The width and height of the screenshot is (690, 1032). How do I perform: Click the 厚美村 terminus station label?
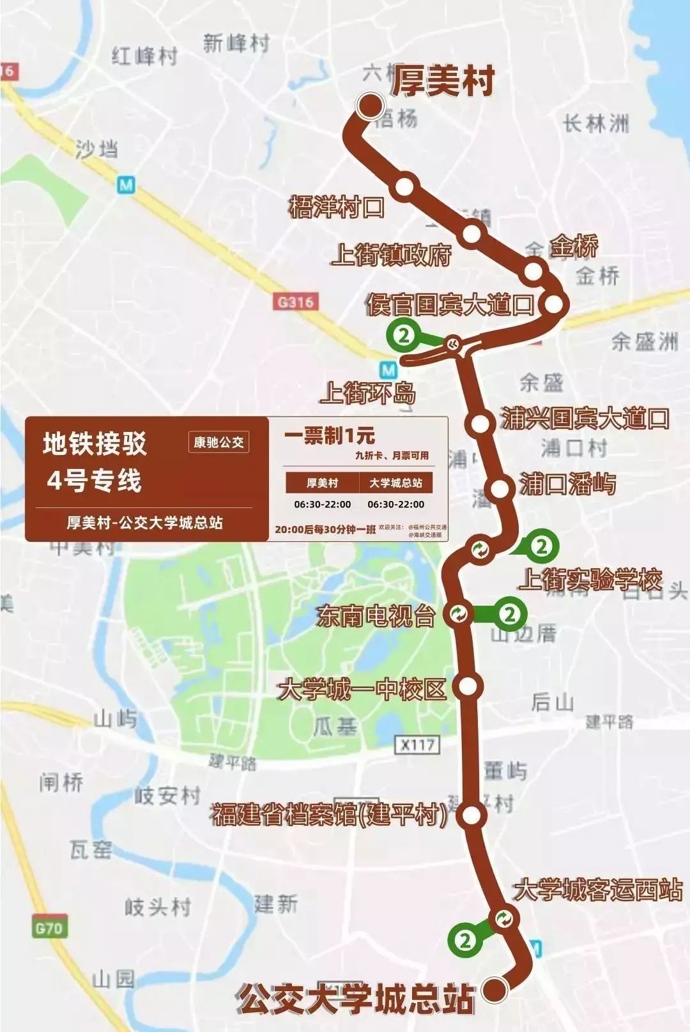[x=443, y=82]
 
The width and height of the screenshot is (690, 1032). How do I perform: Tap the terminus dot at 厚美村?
[x=370, y=106]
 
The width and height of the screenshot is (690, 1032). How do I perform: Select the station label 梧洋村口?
[x=336, y=207]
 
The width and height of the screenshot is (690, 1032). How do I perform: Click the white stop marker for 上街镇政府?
[x=471, y=234]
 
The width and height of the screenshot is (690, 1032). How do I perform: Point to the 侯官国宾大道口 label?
[x=450, y=305]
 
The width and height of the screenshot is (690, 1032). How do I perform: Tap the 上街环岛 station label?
[x=368, y=392]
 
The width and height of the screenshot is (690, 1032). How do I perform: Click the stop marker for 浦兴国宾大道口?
[x=478, y=423]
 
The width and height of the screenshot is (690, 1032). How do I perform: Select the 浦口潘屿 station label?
[x=567, y=484]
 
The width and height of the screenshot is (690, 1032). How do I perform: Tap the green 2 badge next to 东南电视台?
[x=510, y=614]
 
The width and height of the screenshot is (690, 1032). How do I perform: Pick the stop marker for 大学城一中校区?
[x=468, y=686]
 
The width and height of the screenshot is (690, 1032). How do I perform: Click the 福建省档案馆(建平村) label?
[x=329, y=815]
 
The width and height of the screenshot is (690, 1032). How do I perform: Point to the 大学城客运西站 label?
[x=598, y=890]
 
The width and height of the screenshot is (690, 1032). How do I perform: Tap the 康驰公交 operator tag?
[x=218, y=442]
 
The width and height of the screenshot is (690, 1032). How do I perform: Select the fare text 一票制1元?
[x=330, y=436]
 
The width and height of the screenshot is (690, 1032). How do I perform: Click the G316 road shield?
[x=295, y=301]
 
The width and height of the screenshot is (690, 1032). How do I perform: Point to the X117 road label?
[x=418, y=744]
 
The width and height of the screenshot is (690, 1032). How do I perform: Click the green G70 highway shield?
[x=49, y=927]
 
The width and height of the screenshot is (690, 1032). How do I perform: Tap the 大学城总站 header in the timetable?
[x=395, y=483]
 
